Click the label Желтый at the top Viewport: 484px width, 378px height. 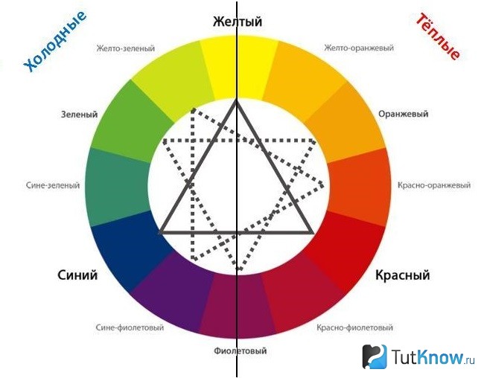click(x=238, y=22)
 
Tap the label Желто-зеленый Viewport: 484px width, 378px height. click(x=125, y=48)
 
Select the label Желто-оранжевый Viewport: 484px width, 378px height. click(x=359, y=48)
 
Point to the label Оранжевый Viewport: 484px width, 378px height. click(x=403, y=114)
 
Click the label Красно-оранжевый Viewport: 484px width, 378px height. click(x=434, y=185)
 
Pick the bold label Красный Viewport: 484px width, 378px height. click(x=403, y=275)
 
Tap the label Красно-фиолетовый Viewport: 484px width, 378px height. click(x=354, y=327)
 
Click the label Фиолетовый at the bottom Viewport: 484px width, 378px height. click(x=241, y=351)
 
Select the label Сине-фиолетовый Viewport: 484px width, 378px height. click(x=130, y=327)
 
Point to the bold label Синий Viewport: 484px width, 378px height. click(x=77, y=275)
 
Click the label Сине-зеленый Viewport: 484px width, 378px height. click(x=53, y=185)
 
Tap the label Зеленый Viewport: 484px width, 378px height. click(x=80, y=115)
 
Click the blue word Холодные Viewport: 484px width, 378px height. click(x=55, y=42)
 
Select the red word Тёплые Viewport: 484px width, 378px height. click(x=438, y=36)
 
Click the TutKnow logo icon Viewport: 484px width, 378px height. click(x=375, y=356)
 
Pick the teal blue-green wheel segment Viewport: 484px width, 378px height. click(x=118, y=187)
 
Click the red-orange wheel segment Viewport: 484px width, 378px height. click(x=359, y=187)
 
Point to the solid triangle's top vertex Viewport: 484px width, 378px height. click(x=237, y=100)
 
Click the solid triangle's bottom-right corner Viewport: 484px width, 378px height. click(x=313, y=232)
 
